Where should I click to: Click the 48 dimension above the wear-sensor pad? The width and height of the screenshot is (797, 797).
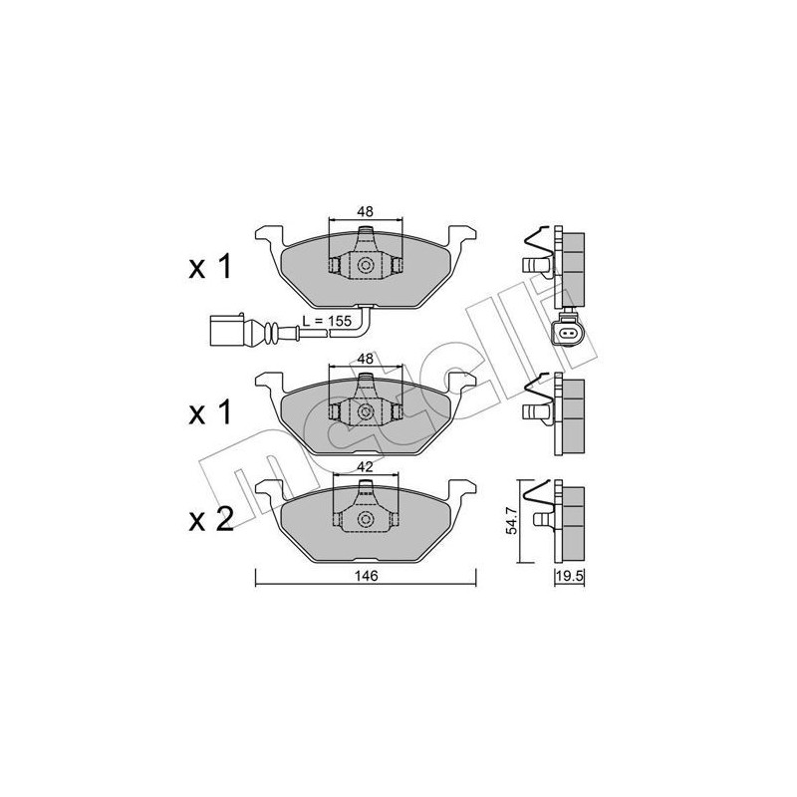point(366,211)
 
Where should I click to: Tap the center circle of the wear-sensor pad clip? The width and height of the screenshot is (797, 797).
point(366,266)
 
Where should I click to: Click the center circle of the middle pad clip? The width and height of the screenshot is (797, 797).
point(366,410)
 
